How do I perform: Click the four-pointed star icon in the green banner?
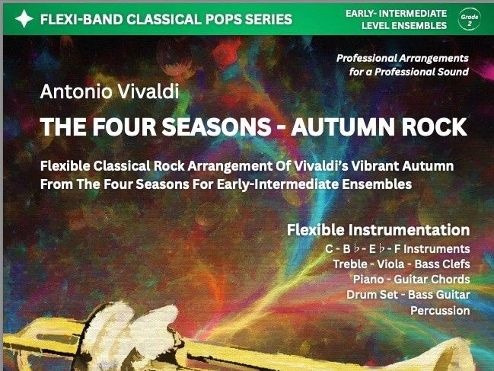pyautogui.click(x=24, y=18)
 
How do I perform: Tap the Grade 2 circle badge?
pyautogui.click(x=470, y=18)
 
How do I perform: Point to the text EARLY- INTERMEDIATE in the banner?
pyautogui.click(x=395, y=12)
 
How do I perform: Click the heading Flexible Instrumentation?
pyautogui.click(x=378, y=229)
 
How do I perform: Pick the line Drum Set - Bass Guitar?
pyautogui.click(x=408, y=294)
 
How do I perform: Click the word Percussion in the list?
pyautogui.click(x=440, y=310)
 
